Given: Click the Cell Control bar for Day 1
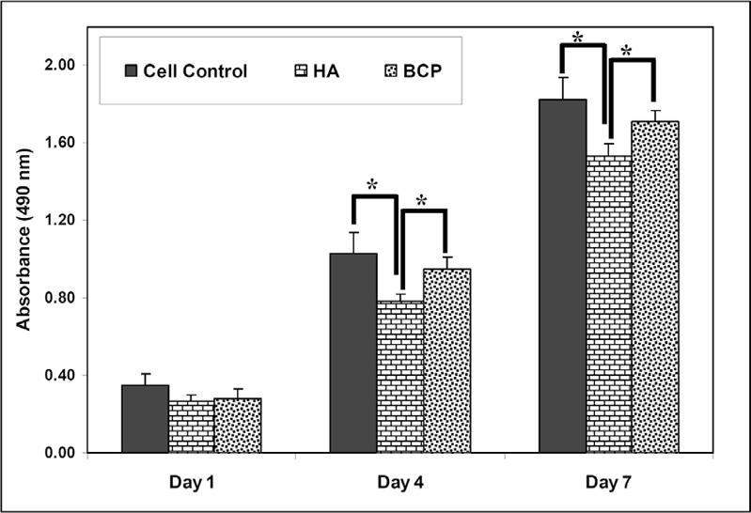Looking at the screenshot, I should pyautogui.click(x=146, y=419).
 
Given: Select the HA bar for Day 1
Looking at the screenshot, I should pyautogui.click(x=191, y=427).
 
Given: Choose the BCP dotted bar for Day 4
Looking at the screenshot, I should pyautogui.click(x=445, y=362).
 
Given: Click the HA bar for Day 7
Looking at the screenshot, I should pyautogui.click(x=608, y=304).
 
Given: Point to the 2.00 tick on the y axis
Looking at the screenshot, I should pyautogui.click(x=61, y=65).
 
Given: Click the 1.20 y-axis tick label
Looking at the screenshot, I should pyautogui.click(x=61, y=220).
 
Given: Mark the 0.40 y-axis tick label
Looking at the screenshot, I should pyautogui.click(x=61, y=376).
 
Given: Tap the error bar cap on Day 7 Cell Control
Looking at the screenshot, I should pyautogui.click(x=562, y=77).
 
